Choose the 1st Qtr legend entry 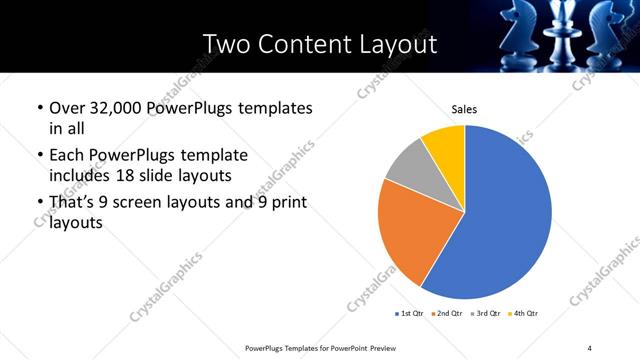point(412,314)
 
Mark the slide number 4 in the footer point(589,347)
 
